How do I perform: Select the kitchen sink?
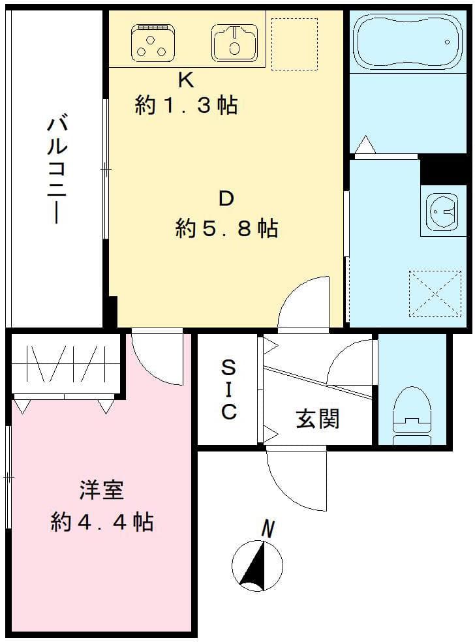[234, 42]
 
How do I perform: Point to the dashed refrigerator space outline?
[294, 44]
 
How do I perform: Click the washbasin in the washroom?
[442, 208]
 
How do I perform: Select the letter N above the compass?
[266, 528]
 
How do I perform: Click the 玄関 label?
[318, 418]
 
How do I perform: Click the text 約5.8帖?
[226, 228]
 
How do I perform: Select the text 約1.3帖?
[186, 105]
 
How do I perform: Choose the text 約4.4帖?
[102, 522]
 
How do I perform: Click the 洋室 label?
[102, 490]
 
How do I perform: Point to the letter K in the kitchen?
[186, 80]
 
